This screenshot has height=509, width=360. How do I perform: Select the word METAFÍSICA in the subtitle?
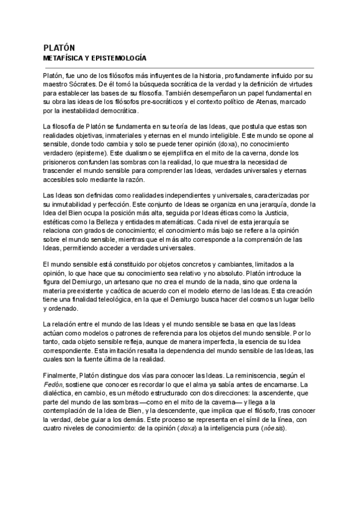pyautogui.click(x=64, y=59)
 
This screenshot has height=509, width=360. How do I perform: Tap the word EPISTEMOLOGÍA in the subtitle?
pyautogui.click(x=119, y=59)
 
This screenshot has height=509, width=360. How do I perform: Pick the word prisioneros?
pyautogui.click(x=64, y=163)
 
